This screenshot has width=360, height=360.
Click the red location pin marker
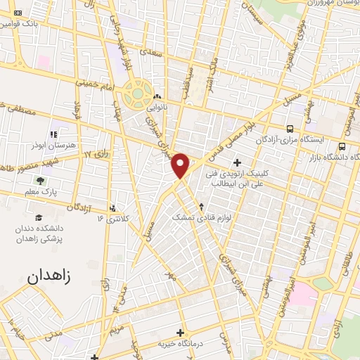(x=181, y=165)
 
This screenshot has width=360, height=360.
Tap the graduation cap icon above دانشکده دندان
(x=39, y=218)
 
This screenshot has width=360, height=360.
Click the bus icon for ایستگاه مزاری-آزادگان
(x=289, y=129)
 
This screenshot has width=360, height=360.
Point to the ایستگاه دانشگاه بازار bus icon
(x=342, y=146)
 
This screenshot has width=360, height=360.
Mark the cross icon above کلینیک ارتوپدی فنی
(x=238, y=162)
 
